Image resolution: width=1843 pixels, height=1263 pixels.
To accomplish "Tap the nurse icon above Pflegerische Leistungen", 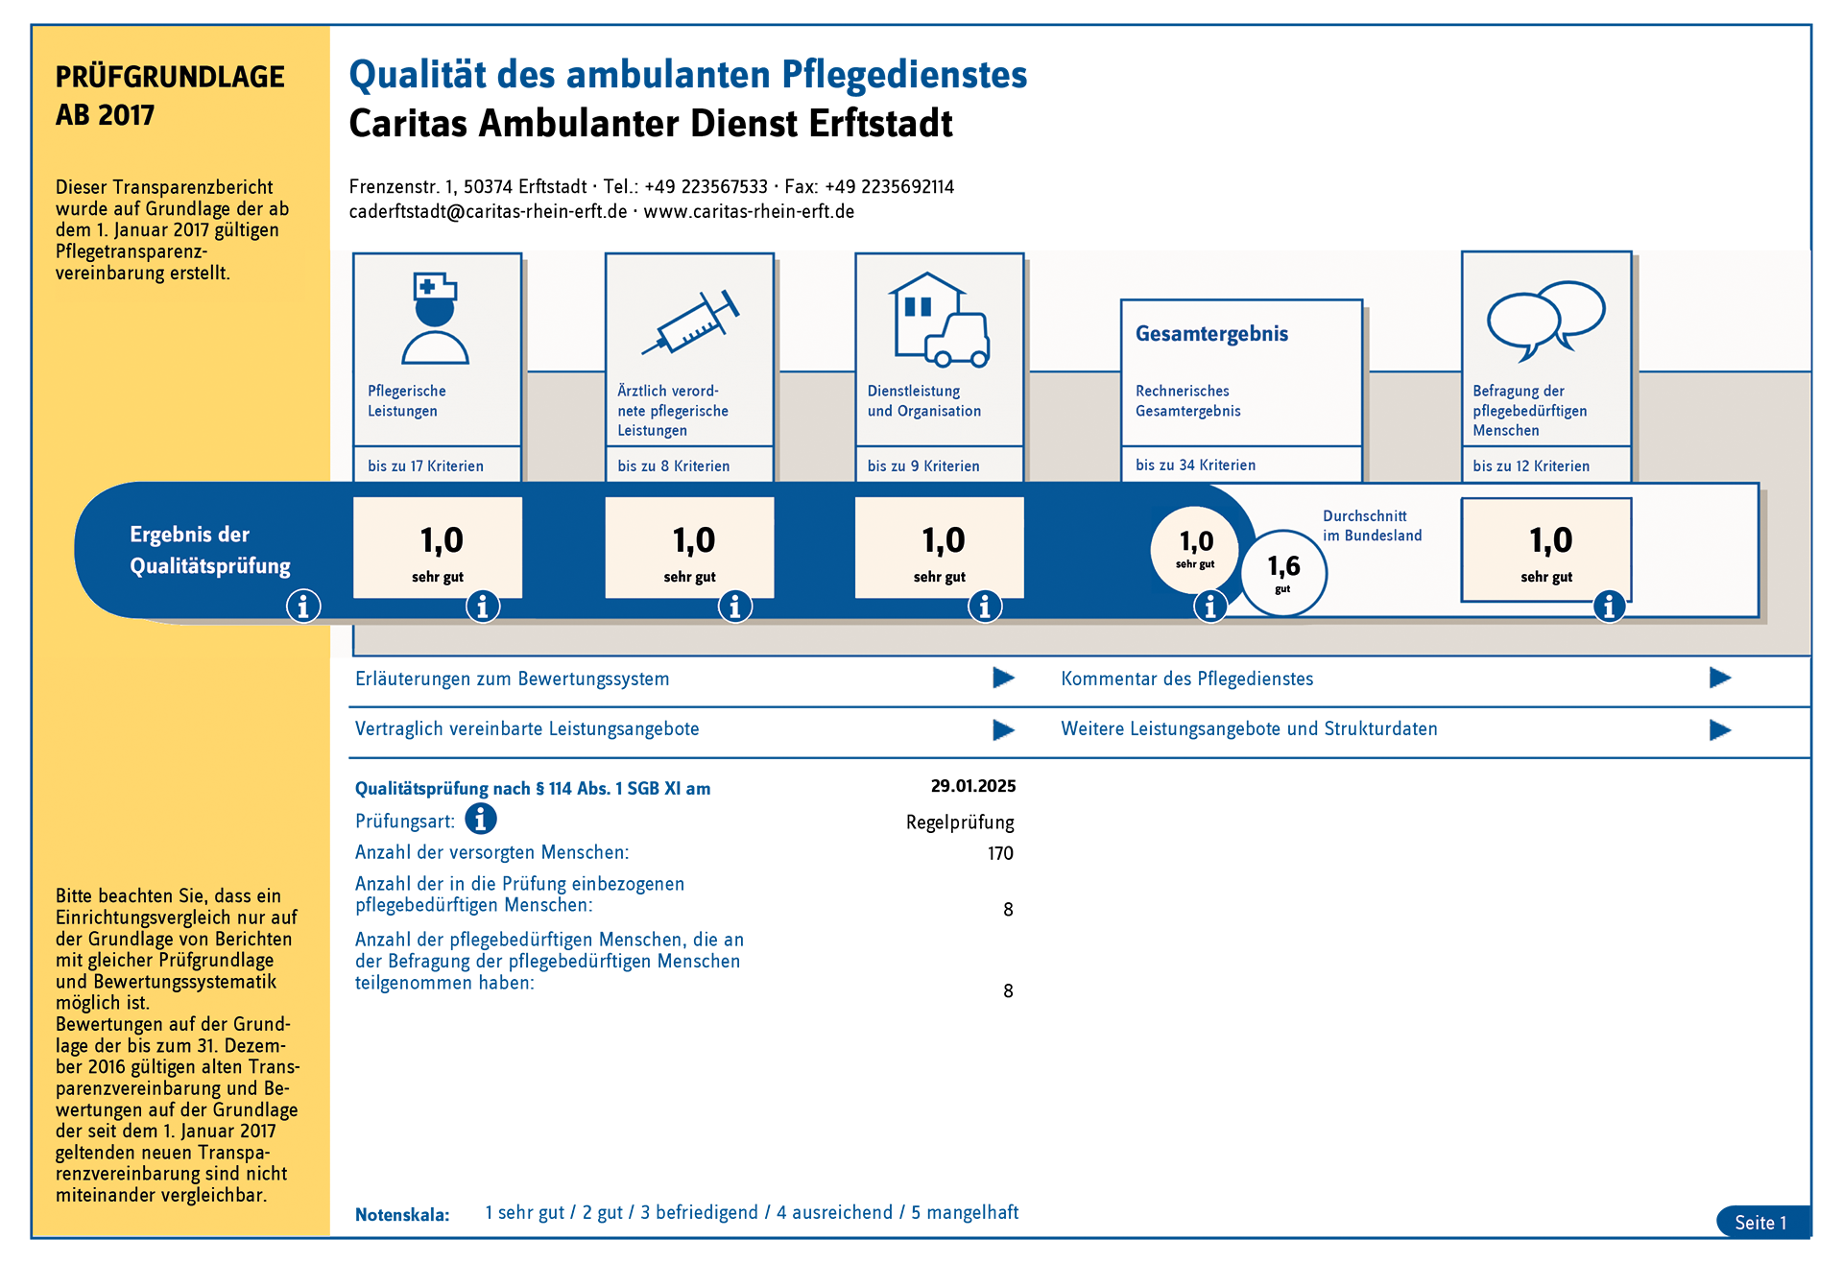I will coord(436,318).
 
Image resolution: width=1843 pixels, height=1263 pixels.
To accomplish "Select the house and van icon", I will coord(940,320).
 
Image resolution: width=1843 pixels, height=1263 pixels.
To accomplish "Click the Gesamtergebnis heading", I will coord(1211,334).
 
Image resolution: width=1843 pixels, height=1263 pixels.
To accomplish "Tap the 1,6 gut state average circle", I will coord(1283,572).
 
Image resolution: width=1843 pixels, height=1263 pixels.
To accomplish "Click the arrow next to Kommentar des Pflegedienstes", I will coord(1719,679).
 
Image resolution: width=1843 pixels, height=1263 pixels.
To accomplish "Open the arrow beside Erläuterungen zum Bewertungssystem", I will coord(1003,679).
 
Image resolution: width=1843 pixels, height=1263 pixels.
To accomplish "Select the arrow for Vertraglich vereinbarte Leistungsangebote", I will coord(1003,729).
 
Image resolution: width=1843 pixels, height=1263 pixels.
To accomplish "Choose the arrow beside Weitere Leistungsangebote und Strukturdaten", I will coord(1719,729).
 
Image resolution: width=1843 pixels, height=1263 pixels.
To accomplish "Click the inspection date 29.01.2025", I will coord(972,786).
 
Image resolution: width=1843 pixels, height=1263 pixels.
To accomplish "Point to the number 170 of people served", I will coord(1000,853).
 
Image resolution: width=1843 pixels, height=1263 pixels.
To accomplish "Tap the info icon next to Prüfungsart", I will coord(481,819).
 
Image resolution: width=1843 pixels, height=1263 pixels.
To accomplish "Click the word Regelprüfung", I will coord(960,822).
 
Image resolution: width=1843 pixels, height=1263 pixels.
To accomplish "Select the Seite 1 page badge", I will coord(1760,1222).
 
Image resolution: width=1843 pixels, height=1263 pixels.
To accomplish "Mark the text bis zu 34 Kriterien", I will coord(1195,465).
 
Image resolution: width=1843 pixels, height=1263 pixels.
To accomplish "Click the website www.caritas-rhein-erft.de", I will coord(749,212).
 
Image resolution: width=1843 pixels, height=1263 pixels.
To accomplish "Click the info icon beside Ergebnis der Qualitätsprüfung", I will coord(303,607).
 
